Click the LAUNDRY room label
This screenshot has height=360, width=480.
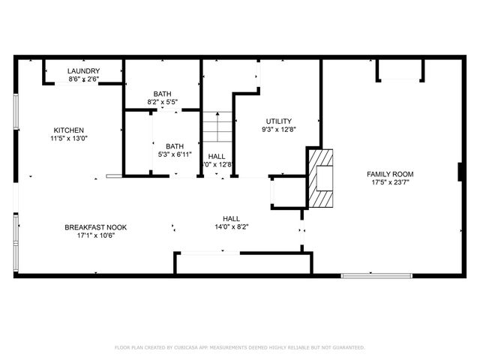coord(83,71)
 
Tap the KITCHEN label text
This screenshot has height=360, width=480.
coord(68,130)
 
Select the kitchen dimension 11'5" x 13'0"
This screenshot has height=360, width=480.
coord(68,138)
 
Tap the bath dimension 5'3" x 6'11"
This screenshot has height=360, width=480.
coord(175,154)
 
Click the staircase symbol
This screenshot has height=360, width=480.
coord(217,127)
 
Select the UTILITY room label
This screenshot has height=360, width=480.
coord(279,121)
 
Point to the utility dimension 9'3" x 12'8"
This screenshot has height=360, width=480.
coord(279,129)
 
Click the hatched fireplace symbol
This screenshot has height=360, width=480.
coord(320,178)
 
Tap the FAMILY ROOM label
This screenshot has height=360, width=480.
coord(390,174)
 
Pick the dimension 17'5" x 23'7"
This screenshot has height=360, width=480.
coord(390,182)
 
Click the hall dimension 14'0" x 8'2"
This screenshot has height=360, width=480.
coord(231,226)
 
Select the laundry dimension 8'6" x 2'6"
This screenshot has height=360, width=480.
coord(83,79)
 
